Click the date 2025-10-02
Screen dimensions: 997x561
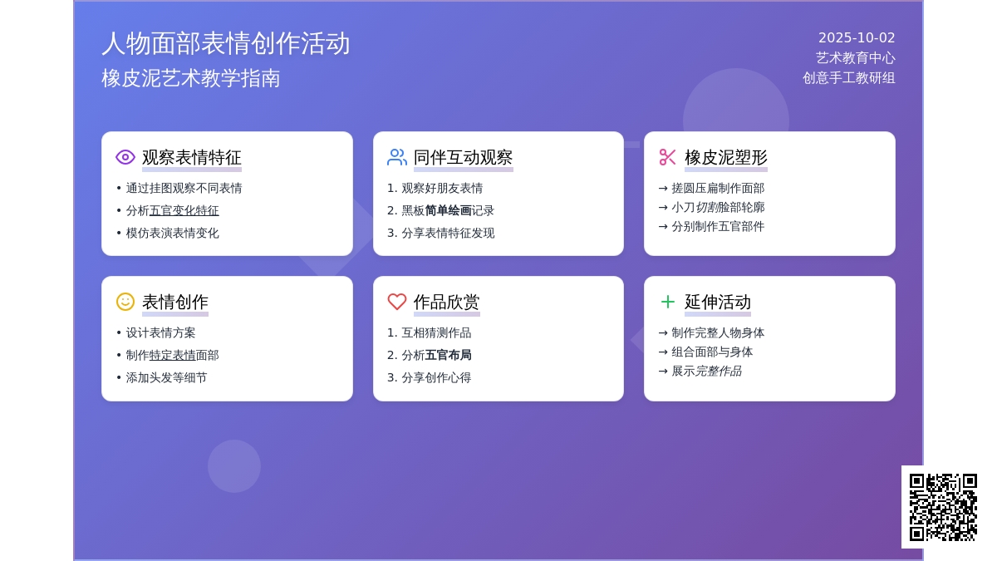[857, 38]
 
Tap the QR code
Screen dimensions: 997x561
[943, 508]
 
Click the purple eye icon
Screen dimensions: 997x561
[125, 157]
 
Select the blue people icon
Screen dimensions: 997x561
[396, 157]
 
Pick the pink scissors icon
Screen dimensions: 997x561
[668, 157]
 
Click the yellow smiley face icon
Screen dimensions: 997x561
[125, 302]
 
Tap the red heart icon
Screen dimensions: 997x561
[396, 302]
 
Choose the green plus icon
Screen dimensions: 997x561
[668, 302]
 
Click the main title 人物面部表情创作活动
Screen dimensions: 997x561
[226, 43]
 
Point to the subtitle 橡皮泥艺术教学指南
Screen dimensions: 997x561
[191, 78]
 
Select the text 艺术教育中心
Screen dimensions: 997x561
[856, 58]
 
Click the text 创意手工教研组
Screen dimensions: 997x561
[849, 78]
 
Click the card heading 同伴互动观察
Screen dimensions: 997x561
[463, 158]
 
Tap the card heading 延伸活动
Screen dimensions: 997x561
[718, 303]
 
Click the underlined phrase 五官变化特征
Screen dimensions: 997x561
[184, 210]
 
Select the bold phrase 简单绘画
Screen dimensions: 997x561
[448, 210]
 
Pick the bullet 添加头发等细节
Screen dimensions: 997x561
[166, 377]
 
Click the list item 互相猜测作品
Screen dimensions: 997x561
[436, 332]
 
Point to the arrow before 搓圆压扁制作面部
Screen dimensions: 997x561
[663, 189]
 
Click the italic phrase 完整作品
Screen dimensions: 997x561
[719, 371]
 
